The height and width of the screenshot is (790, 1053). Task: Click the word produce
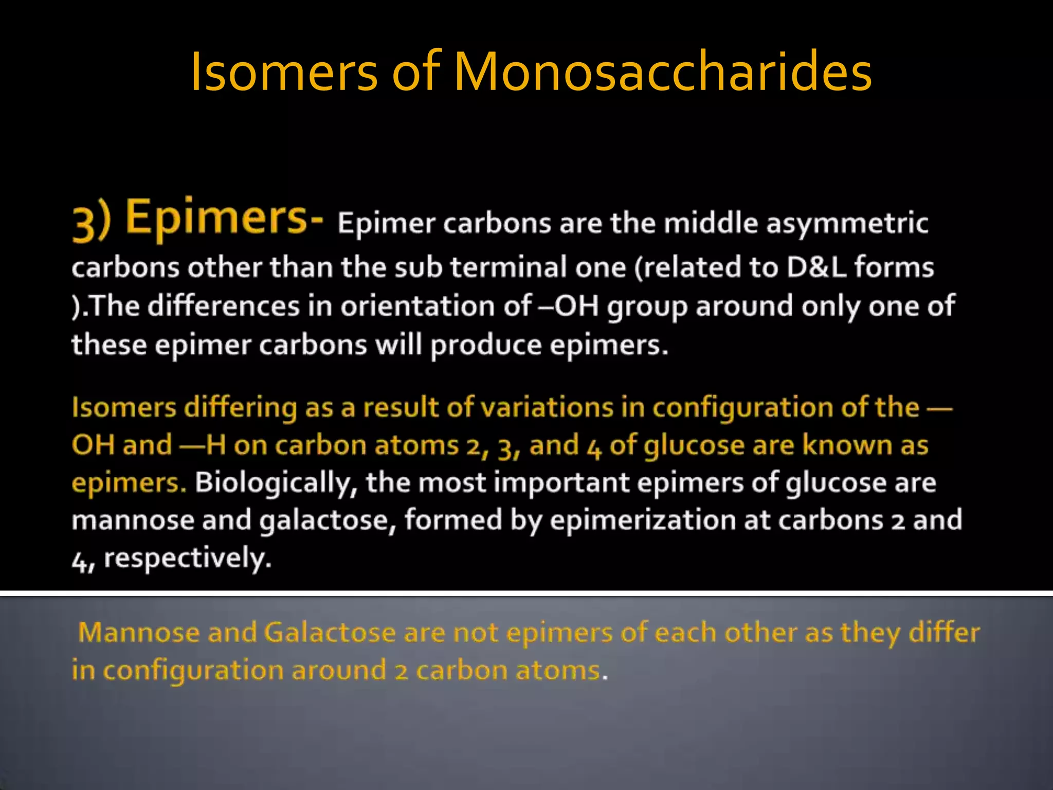click(485, 345)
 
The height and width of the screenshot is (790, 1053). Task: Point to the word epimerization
click(642, 520)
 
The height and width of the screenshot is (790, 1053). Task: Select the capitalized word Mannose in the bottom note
click(138, 633)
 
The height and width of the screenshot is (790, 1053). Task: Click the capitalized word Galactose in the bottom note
click(330, 633)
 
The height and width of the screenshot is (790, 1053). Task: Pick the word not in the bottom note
click(476, 633)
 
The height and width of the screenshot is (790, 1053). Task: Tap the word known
click(846, 445)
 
